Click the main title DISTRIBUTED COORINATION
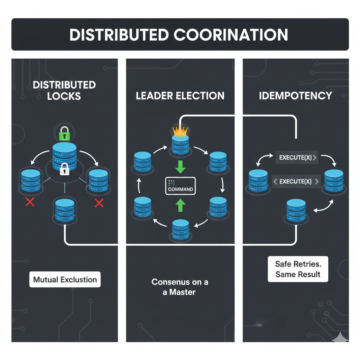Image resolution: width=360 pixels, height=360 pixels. [179, 35]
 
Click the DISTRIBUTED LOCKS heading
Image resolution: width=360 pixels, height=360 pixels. [64, 90]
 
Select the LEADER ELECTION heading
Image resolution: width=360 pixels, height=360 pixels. [180, 96]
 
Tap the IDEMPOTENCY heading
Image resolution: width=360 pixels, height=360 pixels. [295, 96]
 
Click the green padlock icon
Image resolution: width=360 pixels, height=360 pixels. [64, 134]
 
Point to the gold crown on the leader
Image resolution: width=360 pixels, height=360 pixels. [180, 130]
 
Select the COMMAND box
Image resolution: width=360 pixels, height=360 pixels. [180, 186]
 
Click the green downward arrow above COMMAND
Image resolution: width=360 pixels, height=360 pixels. [180, 167]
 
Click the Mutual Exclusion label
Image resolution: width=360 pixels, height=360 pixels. [65, 280]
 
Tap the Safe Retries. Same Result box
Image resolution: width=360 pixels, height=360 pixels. [298, 269]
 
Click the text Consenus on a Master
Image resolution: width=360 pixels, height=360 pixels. [180, 287]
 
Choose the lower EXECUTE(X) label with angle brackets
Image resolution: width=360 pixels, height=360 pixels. [296, 181]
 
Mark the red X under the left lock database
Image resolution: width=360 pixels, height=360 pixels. [30, 202]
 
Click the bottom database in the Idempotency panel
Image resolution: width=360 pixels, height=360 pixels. [296, 211]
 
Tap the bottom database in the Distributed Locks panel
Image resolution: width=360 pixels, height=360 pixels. [64, 210]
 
